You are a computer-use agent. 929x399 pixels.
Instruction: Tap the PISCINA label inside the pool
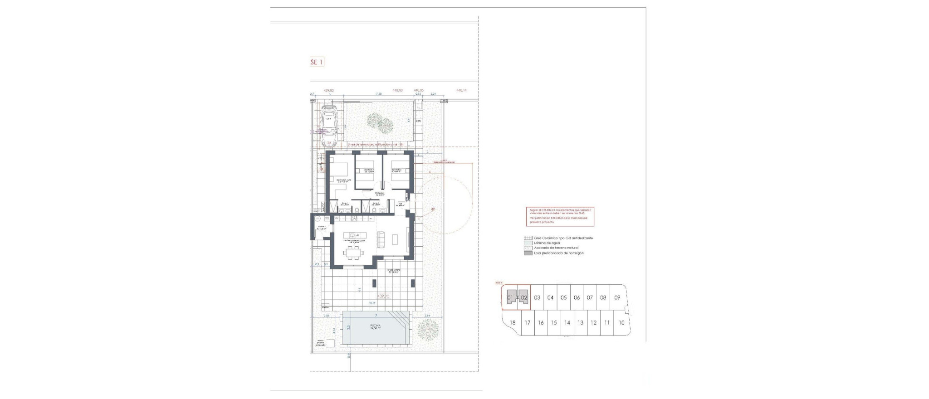tap(375, 326)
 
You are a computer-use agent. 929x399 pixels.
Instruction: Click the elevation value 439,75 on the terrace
tap(383, 296)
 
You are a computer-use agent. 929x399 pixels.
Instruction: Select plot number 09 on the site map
tap(617, 298)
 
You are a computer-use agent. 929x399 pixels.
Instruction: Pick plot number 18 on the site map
tap(513, 323)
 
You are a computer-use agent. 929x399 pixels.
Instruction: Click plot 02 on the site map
tap(524, 298)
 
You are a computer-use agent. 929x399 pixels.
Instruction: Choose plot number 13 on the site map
tap(580, 323)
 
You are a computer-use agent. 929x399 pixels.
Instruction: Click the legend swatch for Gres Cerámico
tap(528, 238)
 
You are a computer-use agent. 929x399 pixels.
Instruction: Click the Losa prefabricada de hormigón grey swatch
tap(528, 253)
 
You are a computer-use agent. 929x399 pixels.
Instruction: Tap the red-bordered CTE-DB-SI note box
tap(561, 216)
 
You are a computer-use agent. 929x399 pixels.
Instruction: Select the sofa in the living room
tap(381, 237)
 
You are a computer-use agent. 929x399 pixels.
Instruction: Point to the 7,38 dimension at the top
tap(379, 94)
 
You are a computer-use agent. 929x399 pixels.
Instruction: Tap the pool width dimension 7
tap(376, 315)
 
